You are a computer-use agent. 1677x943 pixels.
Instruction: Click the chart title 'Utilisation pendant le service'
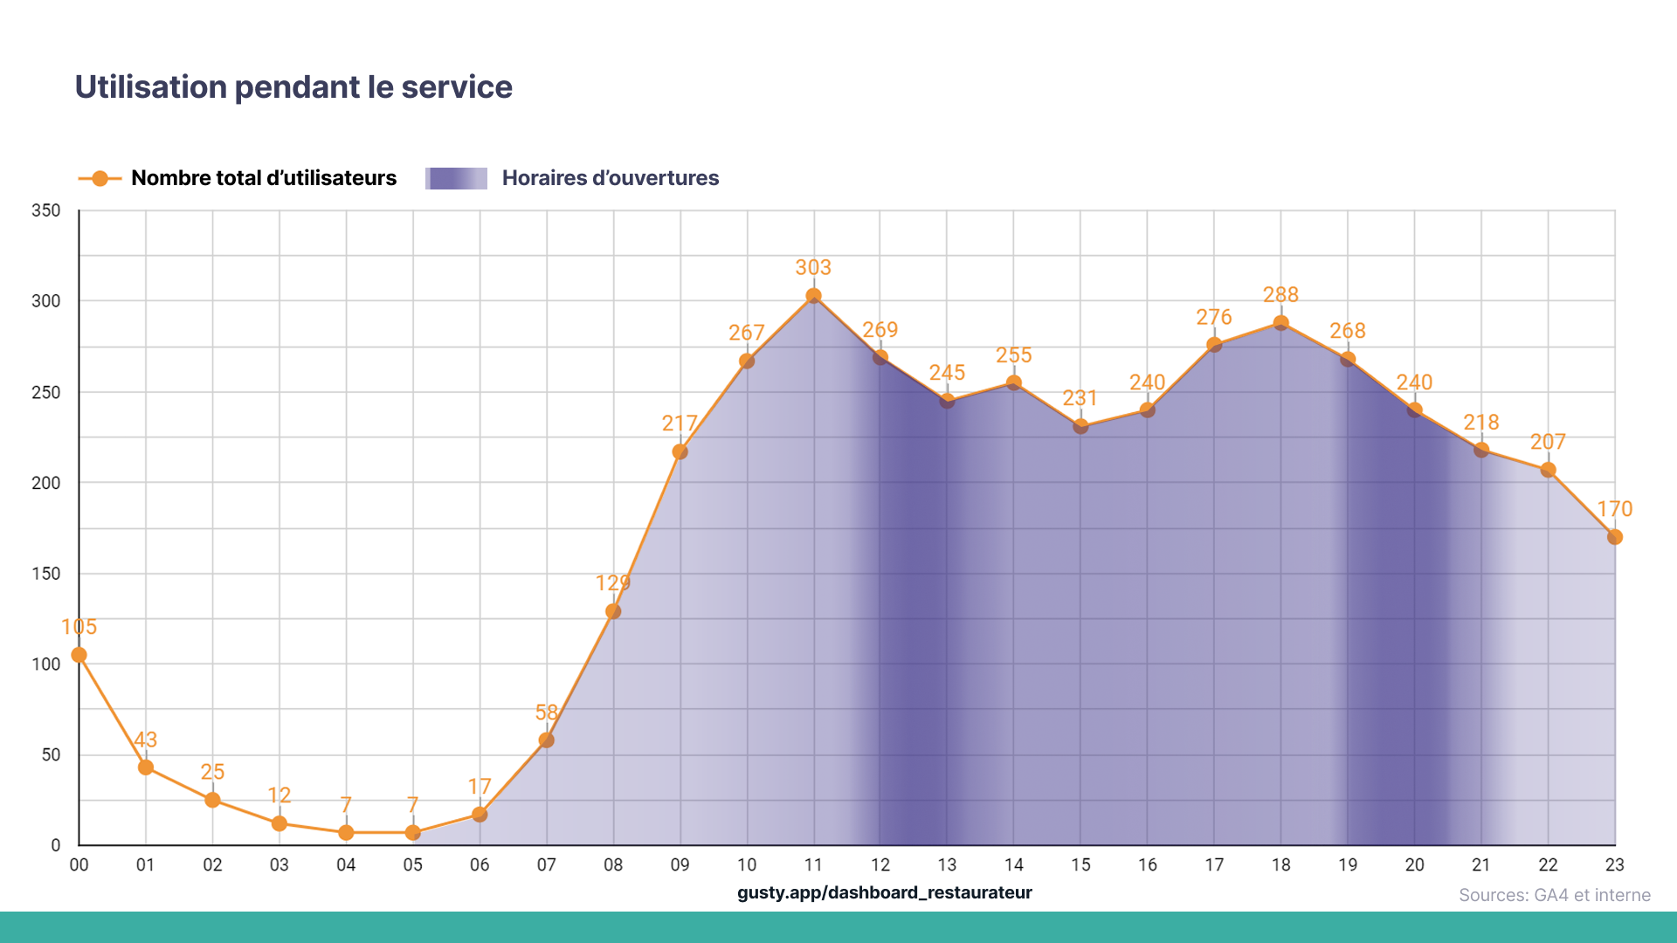coord(293,87)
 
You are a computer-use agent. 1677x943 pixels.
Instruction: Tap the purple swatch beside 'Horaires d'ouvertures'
coord(456,178)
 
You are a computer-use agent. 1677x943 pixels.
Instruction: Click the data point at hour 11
coord(813,296)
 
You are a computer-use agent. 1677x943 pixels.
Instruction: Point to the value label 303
coord(813,267)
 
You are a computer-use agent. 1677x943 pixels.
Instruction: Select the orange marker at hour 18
coord(1280,323)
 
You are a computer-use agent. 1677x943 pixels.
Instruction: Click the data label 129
coord(612,582)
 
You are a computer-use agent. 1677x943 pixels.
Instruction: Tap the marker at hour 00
coord(79,655)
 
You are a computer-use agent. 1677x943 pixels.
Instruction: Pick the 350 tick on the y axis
coord(46,210)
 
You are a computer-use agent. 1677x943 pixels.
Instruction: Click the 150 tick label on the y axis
coord(46,574)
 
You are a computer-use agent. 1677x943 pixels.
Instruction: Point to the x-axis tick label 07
coord(546,864)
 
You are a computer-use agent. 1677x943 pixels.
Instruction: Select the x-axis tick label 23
coord(1614,864)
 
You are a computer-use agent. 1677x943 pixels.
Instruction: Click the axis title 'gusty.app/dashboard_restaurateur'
coord(884,892)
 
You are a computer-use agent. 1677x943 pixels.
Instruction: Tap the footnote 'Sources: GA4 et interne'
coord(1554,895)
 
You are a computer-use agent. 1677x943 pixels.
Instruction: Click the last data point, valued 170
coord(1614,537)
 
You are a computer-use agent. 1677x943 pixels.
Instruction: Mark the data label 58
coord(546,712)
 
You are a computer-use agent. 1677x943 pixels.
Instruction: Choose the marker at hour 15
coord(1080,427)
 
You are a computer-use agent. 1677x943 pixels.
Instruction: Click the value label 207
coord(1547,442)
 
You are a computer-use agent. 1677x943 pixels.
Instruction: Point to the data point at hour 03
coord(279,823)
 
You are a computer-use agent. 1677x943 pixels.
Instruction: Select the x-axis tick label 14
coord(1013,864)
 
